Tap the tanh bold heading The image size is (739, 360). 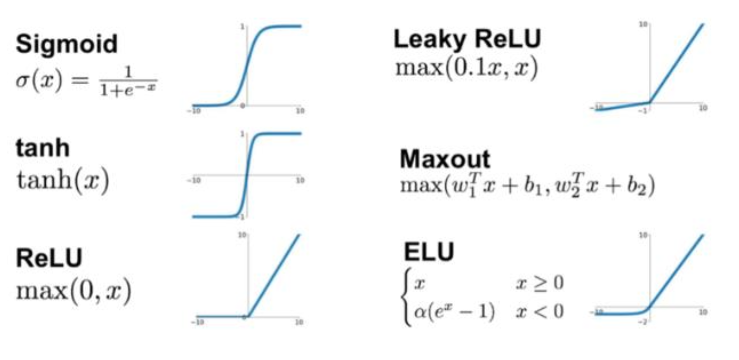pos(43,148)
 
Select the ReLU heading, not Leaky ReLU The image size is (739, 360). pos(50,258)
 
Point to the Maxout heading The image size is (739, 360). pos(445,159)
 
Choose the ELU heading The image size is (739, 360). pos(429,252)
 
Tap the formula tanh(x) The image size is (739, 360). pos(62,181)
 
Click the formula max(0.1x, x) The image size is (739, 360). pos(466,69)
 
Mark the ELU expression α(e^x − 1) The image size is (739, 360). pos(454,312)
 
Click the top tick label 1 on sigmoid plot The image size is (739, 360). pos(242,26)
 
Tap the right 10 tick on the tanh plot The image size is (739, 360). pos(300,181)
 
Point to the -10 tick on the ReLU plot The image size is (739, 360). pos(198,323)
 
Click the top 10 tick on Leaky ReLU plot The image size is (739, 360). pos(643,24)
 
